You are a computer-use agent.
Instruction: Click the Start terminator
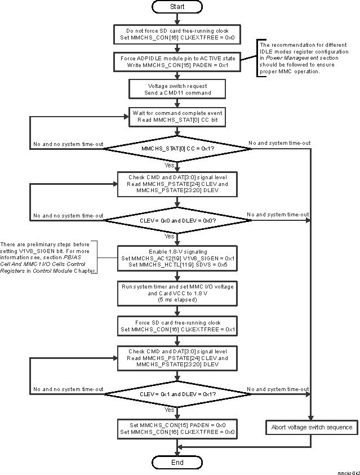click(x=177, y=7)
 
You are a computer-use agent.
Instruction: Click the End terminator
click(x=177, y=462)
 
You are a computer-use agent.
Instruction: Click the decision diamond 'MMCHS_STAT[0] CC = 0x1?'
click(x=177, y=149)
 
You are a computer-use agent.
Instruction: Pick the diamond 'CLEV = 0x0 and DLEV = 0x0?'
click(x=177, y=220)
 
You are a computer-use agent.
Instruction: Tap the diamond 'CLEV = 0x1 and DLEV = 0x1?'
click(x=177, y=395)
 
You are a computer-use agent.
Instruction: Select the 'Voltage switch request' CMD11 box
click(x=177, y=88)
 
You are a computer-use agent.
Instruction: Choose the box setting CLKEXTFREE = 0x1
click(x=177, y=326)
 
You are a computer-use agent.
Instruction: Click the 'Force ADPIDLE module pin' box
click(x=177, y=61)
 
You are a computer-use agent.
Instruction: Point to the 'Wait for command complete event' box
click(x=177, y=116)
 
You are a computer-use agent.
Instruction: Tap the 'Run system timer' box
click(x=177, y=293)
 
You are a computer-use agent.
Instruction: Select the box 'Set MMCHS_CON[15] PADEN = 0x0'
click(x=177, y=428)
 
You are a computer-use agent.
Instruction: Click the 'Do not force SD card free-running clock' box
click(x=177, y=34)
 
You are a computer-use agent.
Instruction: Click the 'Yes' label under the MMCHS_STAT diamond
click(x=169, y=166)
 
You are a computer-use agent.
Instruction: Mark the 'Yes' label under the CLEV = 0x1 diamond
click(x=169, y=410)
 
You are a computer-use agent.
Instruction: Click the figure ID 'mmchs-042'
click(x=348, y=472)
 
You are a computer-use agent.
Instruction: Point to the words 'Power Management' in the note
click(x=292, y=57)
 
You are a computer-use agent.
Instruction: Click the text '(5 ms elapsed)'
click(x=177, y=300)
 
